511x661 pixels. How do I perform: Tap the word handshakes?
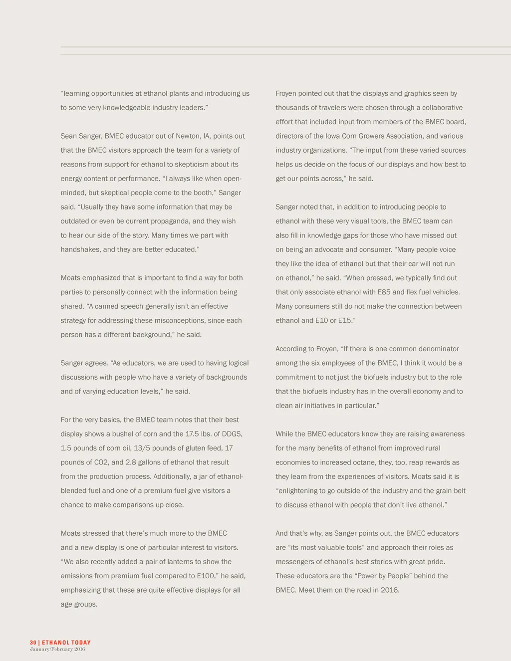[x=80, y=249]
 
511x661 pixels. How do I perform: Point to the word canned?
[x=106, y=306]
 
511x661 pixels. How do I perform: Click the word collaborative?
[x=439, y=108]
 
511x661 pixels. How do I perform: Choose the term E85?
[x=401, y=292]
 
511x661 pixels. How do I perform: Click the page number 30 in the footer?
[x=33, y=643]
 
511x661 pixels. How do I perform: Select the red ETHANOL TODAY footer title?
[x=66, y=643]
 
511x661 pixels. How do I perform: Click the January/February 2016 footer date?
[x=57, y=649]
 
